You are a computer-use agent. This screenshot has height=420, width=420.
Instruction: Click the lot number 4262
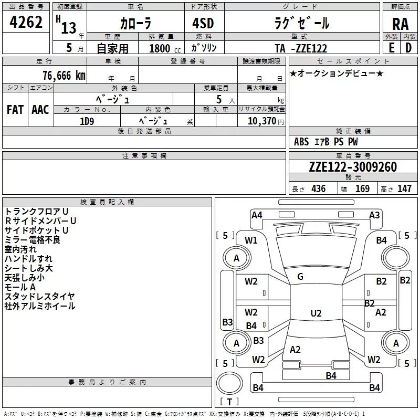point(26,22)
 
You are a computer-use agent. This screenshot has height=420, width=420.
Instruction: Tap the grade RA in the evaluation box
point(400,24)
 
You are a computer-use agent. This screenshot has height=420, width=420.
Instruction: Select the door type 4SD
point(203,23)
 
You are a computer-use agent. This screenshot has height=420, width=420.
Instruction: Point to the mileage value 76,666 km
point(64,76)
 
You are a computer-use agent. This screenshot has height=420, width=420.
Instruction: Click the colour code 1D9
point(87,121)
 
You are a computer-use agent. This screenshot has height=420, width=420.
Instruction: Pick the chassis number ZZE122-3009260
point(353,167)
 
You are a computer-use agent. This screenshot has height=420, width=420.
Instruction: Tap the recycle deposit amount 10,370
point(262,121)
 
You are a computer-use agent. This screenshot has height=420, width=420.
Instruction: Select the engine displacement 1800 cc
point(165,48)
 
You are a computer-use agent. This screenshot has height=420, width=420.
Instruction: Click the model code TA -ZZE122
point(301,48)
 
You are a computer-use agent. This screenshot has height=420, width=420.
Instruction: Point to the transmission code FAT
point(15,110)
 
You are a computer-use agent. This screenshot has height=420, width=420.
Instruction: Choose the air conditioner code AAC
point(40,110)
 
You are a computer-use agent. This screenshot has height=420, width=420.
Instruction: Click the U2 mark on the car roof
point(316,313)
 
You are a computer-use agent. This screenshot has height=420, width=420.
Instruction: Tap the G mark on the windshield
point(300,277)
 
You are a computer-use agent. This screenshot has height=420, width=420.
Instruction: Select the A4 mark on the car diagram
point(257,215)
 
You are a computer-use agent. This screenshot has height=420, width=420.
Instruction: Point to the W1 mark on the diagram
point(251,240)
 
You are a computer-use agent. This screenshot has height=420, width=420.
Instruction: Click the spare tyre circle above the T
point(229,384)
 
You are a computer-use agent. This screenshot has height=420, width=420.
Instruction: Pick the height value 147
point(404,188)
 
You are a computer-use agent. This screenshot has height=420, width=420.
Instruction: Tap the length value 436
point(319,188)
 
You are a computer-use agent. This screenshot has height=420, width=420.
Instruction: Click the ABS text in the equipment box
point(301,142)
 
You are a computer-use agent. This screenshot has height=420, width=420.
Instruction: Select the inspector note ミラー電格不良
point(32,240)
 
